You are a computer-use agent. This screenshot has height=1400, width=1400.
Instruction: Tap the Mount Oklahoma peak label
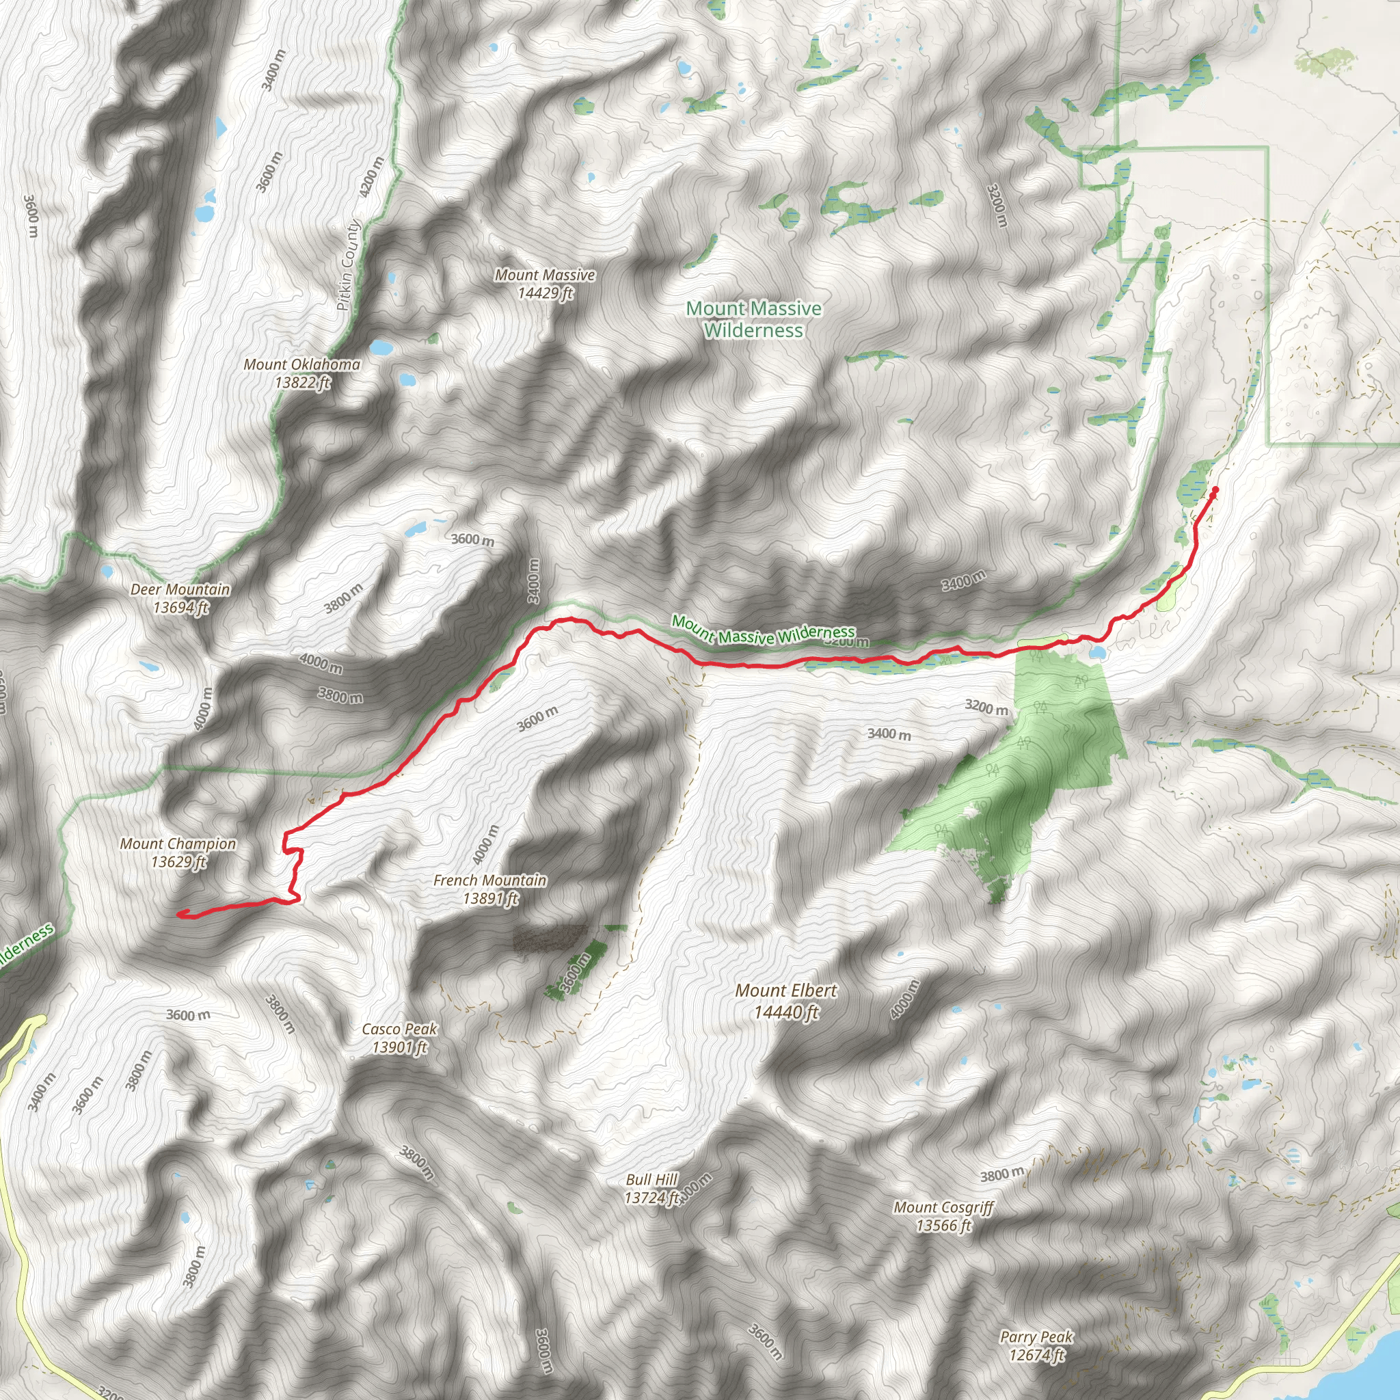click(x=302, y=373)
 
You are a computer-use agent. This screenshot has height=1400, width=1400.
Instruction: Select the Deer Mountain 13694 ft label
click(x=180, y=599)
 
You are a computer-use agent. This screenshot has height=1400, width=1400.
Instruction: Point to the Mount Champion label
click(x=178, y=852)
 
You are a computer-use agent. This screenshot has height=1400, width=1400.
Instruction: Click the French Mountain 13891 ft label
click(x=490, y=889)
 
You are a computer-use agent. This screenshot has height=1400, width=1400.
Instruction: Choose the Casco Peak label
click(x=399, y=1038)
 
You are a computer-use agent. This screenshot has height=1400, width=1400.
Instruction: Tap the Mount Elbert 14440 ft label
click(x=786, y=1001)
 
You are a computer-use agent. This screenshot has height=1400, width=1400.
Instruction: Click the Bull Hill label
click(x=651, y=1188)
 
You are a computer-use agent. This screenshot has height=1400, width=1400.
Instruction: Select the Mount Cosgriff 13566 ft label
click(x=943, y=1216)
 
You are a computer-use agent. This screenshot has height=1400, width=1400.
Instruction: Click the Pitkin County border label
click(x=349, y=265)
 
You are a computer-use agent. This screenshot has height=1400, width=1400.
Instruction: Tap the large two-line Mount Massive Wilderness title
click(x=753, y=319)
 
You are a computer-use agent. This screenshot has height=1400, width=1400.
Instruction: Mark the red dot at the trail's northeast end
click(x=1215, y=491)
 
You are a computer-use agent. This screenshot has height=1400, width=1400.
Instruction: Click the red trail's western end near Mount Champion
click(x=179, y=915)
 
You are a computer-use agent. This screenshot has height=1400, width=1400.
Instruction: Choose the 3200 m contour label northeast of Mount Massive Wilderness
click(x=997, y=205)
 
